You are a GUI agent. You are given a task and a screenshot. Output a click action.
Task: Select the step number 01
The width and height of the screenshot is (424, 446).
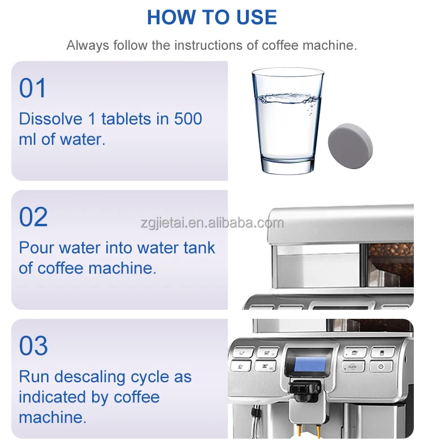pyautogui.click(x=33, y=89)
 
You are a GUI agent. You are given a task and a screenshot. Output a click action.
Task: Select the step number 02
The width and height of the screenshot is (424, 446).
pyautogui.click(x=33, y=218)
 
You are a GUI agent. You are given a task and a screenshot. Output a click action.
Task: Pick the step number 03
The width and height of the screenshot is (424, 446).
pyautogui.click(x=33, y=346)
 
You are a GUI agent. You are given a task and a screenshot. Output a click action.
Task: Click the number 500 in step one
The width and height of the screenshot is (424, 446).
pyautogui.click(x=188, y=119)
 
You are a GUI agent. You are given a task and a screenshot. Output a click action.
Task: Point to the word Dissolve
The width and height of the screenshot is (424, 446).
pyautogui.click(x=50, y=119)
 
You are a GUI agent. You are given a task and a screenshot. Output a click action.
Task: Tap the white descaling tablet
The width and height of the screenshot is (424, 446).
pyautogui.click(x=350, y=146)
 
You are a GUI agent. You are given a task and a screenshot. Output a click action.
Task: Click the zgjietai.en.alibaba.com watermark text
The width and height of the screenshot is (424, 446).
pyautogui.click(x=212, y=223)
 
